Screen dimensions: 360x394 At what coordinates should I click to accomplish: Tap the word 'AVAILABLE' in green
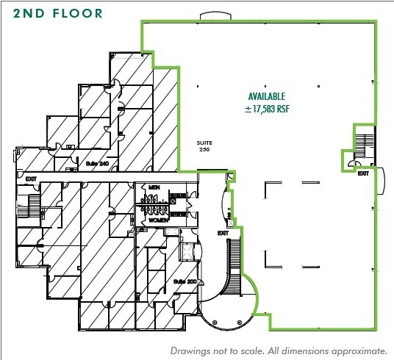click(x=266, y=96)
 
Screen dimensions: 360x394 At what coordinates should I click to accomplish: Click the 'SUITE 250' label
click(x=204, y=145)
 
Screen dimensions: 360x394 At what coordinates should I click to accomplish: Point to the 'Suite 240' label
click(x=97, y=163)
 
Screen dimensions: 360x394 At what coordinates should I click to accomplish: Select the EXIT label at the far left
click(x=30, y=179)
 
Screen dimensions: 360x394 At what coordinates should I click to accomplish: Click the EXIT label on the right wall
click(x=363, y=174)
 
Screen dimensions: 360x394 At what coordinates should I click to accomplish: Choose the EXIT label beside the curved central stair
click(x=223, y=233)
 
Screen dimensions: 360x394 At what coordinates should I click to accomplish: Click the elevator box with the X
click(x=187, y=251)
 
